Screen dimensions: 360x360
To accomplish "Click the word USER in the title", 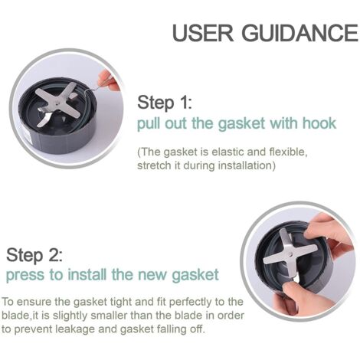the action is pyautogui.click(x=203, y=32).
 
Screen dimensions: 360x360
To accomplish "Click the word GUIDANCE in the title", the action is pyautogui.click(x=300, y=32).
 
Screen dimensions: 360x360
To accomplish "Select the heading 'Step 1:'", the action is pyautogui.click(x=165, y=103).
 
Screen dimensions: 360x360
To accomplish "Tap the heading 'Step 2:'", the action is pyautogui.click(x=34, y=255).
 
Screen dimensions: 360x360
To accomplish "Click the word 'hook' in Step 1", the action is pyautogui.click(x=319, y=123).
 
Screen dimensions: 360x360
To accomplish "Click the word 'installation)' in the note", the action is pyautogui.click(x=247, y=165).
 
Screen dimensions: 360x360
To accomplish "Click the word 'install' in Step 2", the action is pyautogui.click(x=87, y=275).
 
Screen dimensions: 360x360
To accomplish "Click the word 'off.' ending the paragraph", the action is pyautogui.click(x=198, y=329).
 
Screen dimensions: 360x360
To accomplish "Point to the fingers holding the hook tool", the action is pyautogui.click(x=109, y=80).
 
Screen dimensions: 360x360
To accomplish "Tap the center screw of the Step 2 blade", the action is pyautogui.click(x=291, y=254).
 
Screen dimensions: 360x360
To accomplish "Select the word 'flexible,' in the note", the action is pyautogui.click(x=289, y=152).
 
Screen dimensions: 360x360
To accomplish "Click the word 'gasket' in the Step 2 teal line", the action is pyautogui.click(x=195, y=275).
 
